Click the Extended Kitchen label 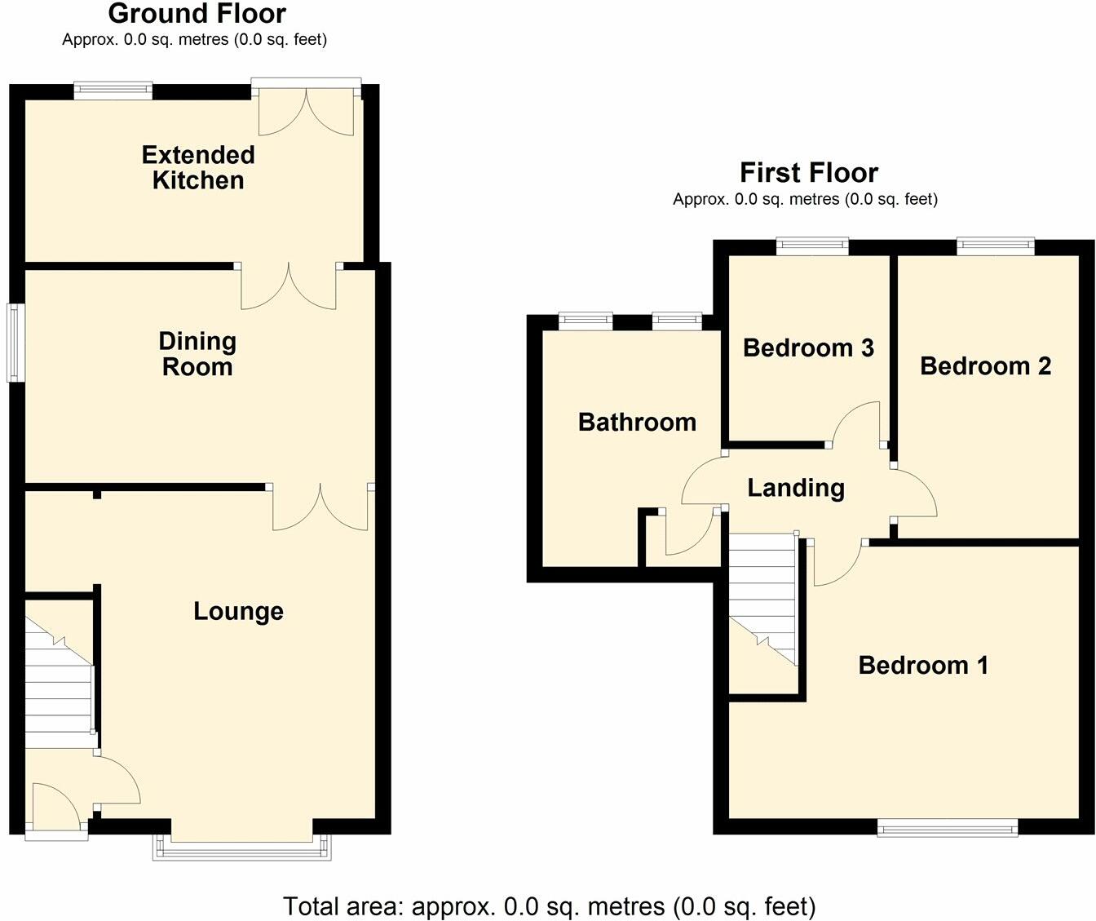[198, 167]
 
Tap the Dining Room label [197, 353]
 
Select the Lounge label [238, 611]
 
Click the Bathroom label [637, 422]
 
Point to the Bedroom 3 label [808, 348]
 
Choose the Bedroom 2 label [985, 365]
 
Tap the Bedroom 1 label [923, 665]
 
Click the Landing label [796, 488]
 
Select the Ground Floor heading [197, 14]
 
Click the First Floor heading [808, 173]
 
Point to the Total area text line [548, 906]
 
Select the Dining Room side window [15, 343]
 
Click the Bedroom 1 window [948, 828]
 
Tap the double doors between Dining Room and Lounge [321, 507]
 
